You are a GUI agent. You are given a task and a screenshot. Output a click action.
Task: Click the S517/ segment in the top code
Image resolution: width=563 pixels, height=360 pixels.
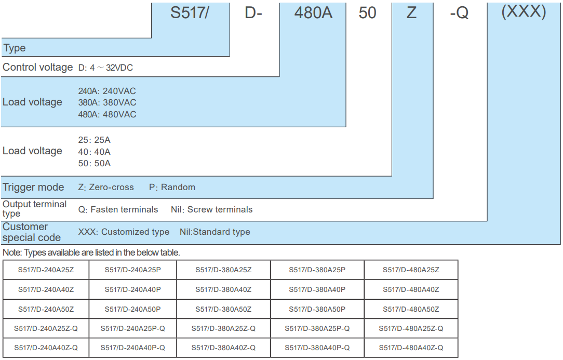(x=190, y=12)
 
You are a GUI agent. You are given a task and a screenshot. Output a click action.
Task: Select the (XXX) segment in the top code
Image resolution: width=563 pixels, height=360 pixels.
(x=524, y=12)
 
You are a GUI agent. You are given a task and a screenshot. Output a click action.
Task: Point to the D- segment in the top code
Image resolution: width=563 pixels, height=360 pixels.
(x=253, y=13)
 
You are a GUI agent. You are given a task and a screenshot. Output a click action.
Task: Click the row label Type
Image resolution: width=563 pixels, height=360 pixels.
(x=15, y=48)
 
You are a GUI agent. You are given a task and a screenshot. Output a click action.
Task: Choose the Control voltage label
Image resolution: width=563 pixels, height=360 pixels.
(x=37, y=68)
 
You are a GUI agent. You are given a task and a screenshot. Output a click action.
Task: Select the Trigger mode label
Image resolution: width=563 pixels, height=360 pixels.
(x=34, y=187)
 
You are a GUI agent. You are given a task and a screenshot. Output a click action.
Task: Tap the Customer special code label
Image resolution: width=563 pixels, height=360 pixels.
(x=32, y=232)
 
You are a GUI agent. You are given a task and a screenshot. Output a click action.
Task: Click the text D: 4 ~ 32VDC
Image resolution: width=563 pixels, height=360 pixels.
(x=106, y=68)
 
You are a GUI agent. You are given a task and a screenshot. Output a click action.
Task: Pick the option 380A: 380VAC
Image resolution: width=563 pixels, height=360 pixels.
(x=107, y=102)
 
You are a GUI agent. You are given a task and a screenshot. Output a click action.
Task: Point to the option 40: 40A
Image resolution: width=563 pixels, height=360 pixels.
(x=94, y=152)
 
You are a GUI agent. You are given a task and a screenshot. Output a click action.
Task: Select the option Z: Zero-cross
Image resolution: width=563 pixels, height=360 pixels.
(x=106, y=187)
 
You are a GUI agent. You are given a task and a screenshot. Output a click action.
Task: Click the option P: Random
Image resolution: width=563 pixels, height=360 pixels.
(x=172, y=187)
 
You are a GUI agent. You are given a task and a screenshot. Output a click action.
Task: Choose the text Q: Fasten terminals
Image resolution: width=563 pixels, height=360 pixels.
(x=118, y=210)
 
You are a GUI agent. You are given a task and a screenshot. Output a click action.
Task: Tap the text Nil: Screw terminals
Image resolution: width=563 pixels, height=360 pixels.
(x=211, y=210)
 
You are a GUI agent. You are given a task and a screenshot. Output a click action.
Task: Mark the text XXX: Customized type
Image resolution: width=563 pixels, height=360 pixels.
(x=124, y=232)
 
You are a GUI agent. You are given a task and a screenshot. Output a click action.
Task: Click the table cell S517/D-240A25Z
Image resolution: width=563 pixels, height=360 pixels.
(x=46, y=270)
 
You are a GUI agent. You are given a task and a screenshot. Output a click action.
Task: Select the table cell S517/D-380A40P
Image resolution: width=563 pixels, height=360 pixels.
(x=317, y=289)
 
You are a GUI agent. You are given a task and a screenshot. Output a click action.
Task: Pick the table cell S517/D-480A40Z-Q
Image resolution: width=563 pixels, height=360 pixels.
(x=411, y=348)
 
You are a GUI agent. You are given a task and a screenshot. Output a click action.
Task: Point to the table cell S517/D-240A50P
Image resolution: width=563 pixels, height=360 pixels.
(x=132, y=309)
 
